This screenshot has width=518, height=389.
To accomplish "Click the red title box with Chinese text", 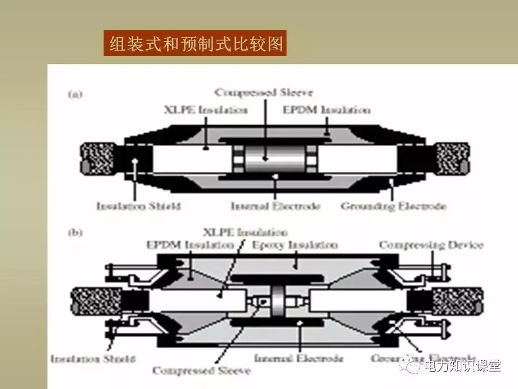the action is (195, 43).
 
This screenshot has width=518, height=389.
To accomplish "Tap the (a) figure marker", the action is (75, 95).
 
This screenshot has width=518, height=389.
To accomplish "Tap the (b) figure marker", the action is (75, 233).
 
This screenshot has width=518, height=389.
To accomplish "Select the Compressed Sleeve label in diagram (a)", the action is (264, 92).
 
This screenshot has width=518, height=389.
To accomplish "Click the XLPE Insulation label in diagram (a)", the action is (206, 110).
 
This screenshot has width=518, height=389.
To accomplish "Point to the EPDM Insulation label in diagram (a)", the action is (327, 110).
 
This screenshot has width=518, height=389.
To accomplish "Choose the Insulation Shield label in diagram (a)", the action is (139, 206).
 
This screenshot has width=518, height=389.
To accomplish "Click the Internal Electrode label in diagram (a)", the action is (276, 206).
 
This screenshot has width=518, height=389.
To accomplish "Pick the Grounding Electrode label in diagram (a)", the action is (394, 206).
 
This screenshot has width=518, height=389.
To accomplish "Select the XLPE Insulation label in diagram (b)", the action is (246, 233).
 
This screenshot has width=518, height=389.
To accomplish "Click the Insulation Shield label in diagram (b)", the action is (93, 358).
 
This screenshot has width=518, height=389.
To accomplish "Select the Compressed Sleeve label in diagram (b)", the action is (201, 371).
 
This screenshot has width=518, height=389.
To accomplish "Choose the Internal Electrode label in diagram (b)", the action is (298, 358).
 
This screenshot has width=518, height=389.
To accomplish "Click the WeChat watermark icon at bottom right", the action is (414, 367).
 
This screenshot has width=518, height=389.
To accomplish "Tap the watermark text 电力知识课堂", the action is (463, 367).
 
